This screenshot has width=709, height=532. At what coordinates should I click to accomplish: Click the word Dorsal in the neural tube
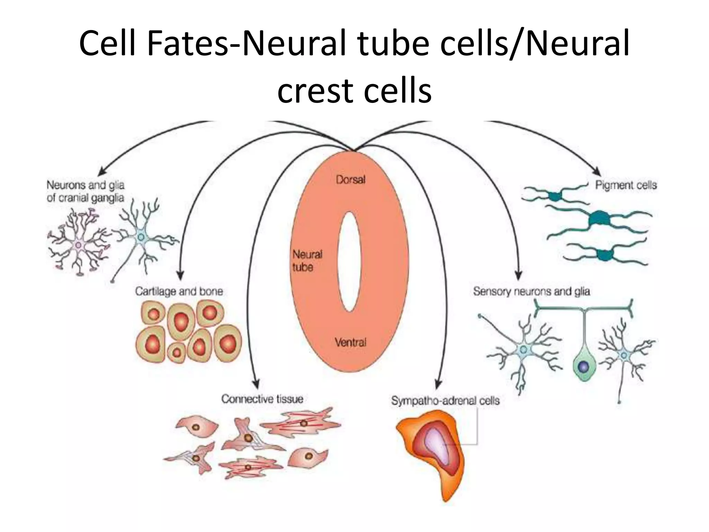pos(350,180)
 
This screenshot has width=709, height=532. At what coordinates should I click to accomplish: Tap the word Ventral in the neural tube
pos(350,343)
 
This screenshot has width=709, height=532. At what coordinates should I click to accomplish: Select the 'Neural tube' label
pos(307,261)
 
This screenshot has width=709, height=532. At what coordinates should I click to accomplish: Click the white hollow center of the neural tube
pos(349,261)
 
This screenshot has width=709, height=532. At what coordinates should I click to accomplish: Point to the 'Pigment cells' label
pos(626,185)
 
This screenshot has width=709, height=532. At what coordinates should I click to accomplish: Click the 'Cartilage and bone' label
pos(179,291)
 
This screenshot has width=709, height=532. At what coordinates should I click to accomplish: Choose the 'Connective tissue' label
pos(262,399)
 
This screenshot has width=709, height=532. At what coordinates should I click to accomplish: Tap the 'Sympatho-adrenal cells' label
pos(445,401)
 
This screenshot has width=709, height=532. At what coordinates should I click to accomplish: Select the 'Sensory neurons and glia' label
pos(531,291)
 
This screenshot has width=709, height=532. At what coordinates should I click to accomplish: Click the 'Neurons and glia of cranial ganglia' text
pos(86,191)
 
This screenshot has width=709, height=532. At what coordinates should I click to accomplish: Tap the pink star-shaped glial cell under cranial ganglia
pos(79,245)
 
